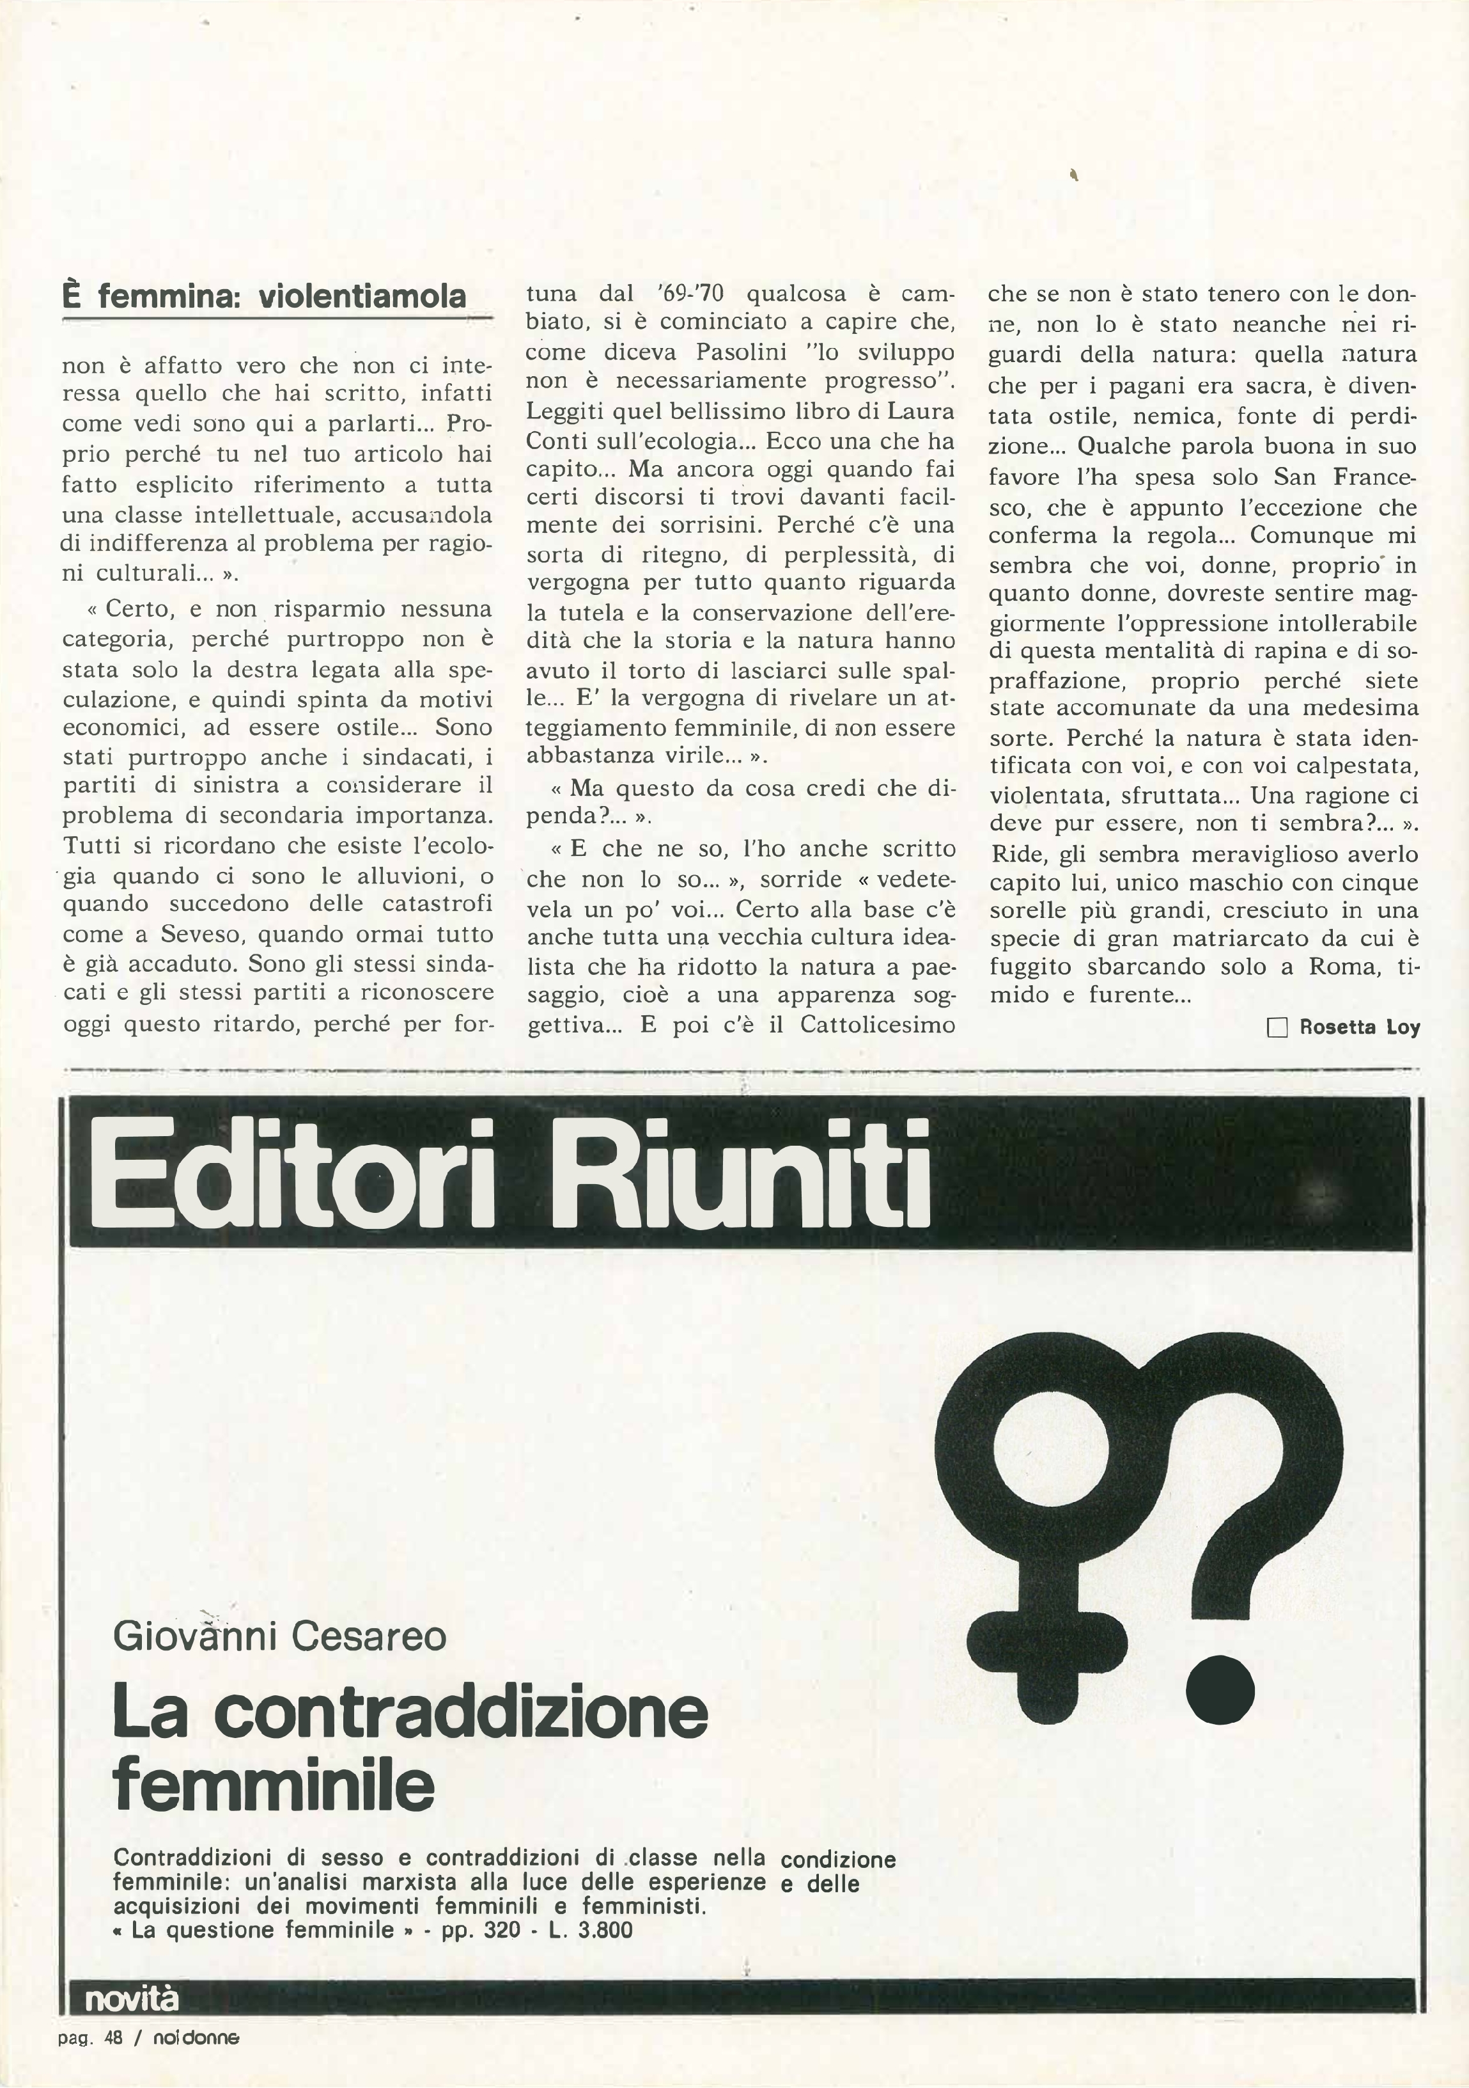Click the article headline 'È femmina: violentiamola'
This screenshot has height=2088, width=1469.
click(263, 297)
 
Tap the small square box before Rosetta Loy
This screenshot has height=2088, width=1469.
click(1277, 1027)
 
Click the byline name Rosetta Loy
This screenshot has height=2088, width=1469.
click(1359, 1027)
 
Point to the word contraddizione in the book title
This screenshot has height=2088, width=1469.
click(462, 1714)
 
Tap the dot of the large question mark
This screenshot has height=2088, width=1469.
click(1221, 1689)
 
